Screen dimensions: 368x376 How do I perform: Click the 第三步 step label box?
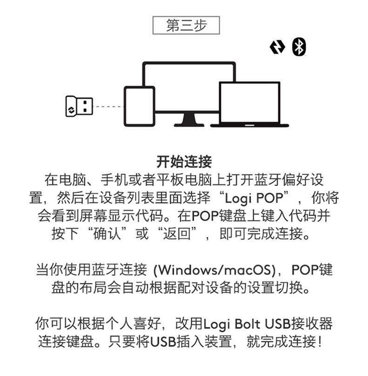[186, 25]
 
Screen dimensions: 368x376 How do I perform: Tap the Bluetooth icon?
[299, 47]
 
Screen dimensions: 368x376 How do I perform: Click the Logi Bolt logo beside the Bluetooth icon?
[278, 47]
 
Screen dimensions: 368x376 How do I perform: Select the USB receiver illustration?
[79, 107]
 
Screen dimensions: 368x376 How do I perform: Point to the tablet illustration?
[139, 106]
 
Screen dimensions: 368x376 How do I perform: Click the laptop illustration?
[250, 104]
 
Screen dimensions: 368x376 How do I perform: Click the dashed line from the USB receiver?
[108, 107]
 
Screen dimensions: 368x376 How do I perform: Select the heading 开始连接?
[184, 162]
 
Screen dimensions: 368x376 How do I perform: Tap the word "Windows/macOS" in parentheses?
[215, 270]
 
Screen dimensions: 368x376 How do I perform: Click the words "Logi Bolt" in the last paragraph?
[232, 324]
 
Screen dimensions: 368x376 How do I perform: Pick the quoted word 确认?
[107, 233]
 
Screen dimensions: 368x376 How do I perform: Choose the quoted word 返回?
[177, 233]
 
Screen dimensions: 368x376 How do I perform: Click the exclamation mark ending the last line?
[320, 342]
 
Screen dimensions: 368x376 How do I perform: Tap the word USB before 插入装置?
[163, 342]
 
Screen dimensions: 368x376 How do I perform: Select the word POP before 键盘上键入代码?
[205, 216]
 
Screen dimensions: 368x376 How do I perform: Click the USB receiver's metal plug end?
[85, 107]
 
